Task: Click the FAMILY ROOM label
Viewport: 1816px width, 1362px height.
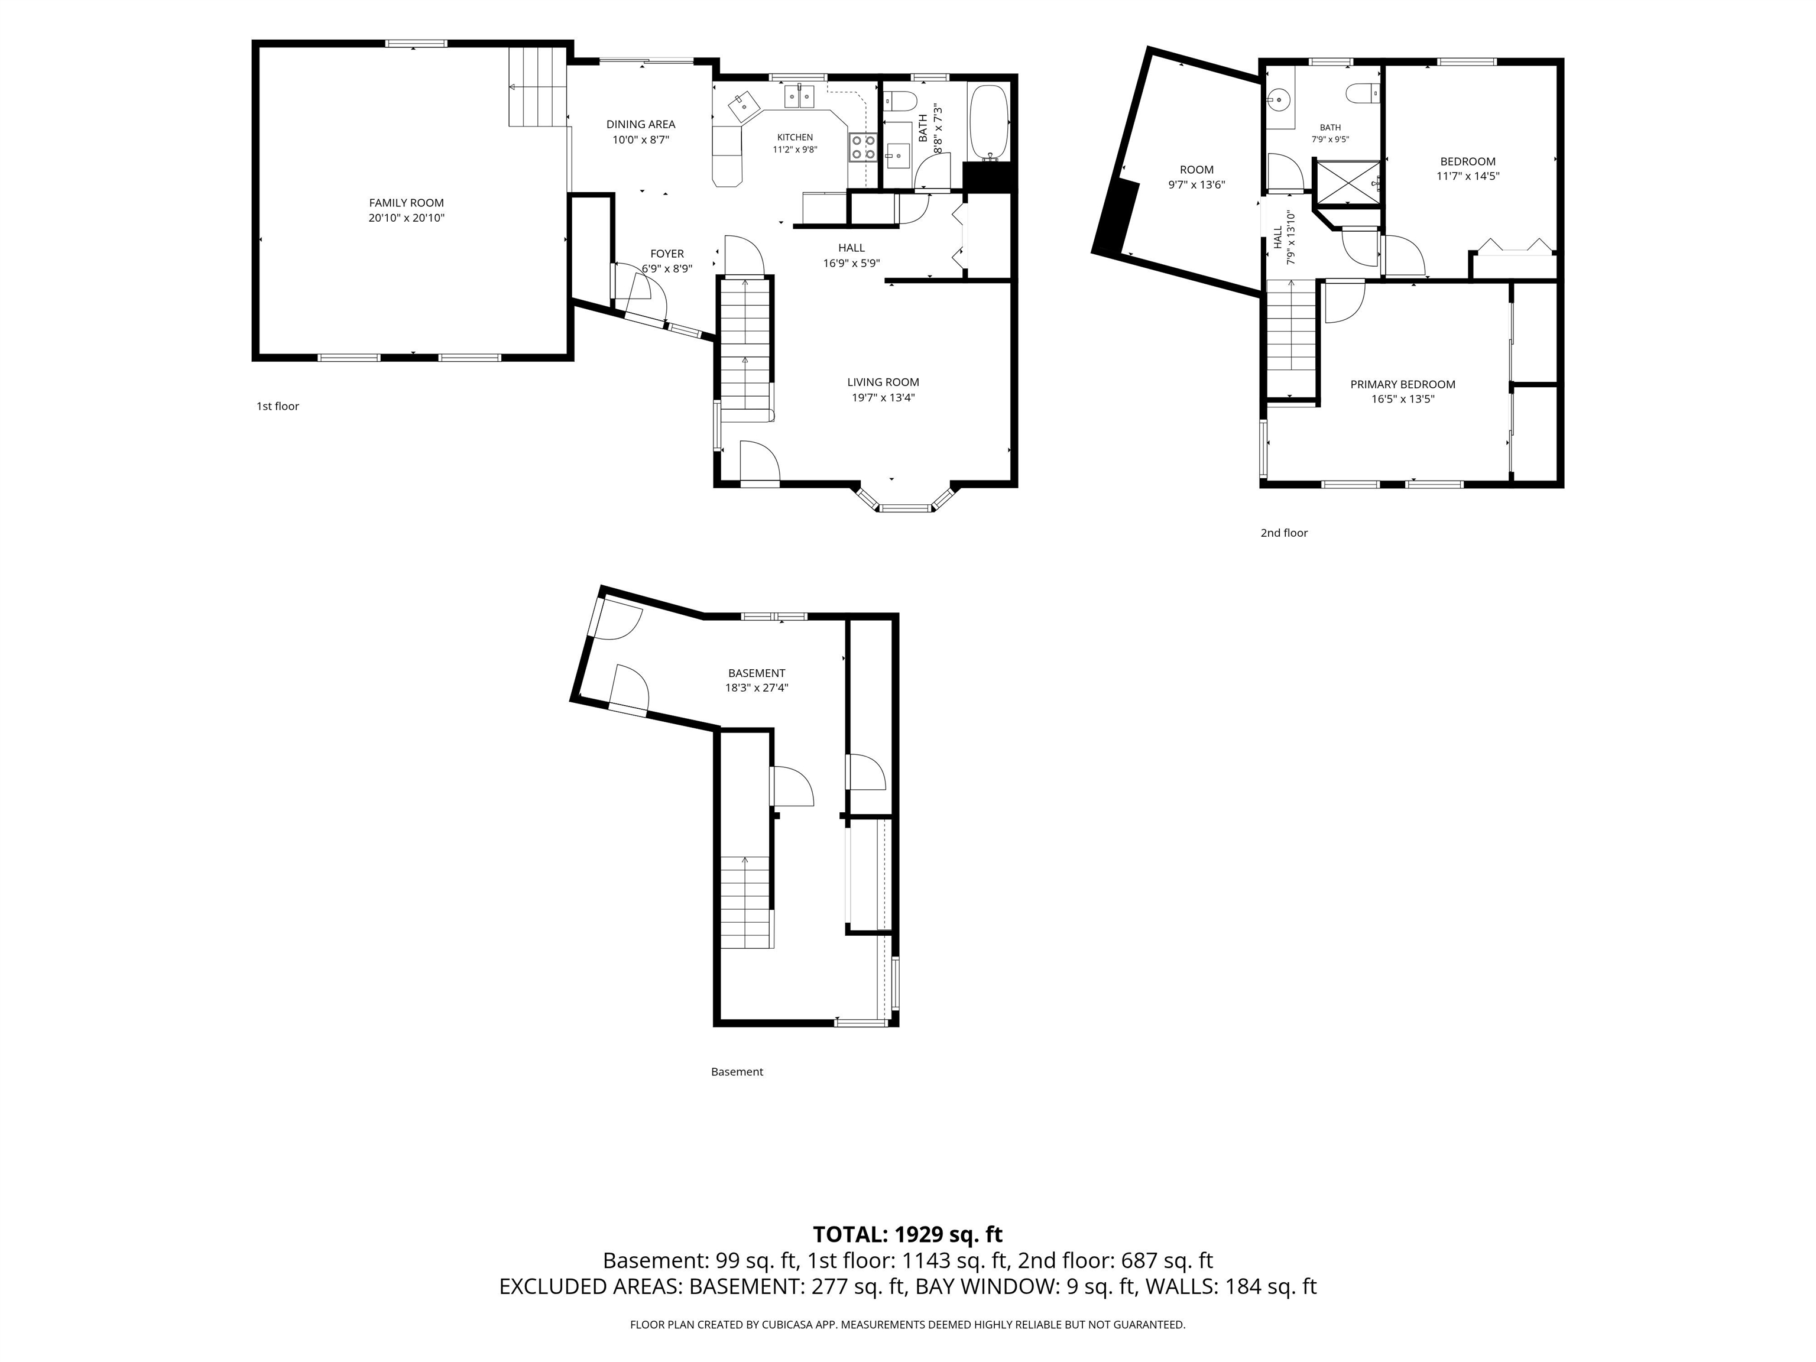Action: pyautogui.click(x=406, y=203)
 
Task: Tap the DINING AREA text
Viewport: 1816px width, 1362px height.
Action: pyautogui.click(x=640, y=125)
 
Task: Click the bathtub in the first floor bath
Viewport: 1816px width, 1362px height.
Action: pyautogui.click(x=988, y=122)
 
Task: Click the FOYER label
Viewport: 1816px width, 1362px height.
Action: pyautogui.click(x=667, y=254)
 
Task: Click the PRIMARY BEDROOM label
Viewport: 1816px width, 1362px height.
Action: pyautogui.click(x=1402, y=384)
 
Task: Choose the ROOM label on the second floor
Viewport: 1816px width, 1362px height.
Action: pyautogui.click(x=1196, y=170)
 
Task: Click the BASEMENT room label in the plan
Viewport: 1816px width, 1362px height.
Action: pyautogui.click(x=756, y=673)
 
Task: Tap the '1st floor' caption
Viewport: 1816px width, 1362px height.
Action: pyautogui.click(x=277, y=406)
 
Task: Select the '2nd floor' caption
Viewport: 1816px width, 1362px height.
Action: pyautogui.click(x=1284, y=533)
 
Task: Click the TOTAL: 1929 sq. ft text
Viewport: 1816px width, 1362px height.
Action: pyautogui.click(x=907, y=1235)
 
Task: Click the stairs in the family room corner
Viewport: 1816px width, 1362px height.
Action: pyautogui.click(x=538, y=86)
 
